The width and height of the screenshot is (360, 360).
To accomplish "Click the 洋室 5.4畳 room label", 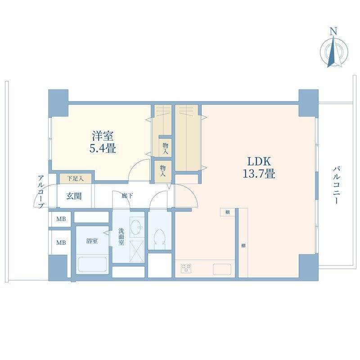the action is click(103, 142).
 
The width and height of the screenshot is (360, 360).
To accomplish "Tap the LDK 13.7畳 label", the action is click(259, 167).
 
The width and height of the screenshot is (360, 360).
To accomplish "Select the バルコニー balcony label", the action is click(336, 185).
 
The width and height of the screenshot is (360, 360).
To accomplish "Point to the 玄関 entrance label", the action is click(74, 196).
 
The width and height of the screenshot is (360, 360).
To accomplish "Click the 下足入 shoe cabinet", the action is click(76, 179).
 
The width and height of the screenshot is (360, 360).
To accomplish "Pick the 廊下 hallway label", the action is click(128, 196).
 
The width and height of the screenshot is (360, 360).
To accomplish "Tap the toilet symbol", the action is click(160, 239).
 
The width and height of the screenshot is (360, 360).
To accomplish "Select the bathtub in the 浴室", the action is click(92, 264).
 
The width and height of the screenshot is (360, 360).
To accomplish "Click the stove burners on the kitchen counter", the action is click(186, 268).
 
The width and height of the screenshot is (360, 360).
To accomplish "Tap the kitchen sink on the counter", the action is click(222, 269).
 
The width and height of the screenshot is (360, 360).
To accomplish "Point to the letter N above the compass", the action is click(333, 31).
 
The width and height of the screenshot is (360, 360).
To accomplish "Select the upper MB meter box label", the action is click(61, 219).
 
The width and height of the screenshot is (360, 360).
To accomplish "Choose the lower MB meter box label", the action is click(61, 243).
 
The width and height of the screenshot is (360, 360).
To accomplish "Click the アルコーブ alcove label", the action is click(40, 192).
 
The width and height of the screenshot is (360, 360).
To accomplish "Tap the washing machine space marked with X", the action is click(137, 252).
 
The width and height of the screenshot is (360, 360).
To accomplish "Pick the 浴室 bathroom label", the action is click(92, 241).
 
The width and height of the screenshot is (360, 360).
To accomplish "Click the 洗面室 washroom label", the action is click(121, 237).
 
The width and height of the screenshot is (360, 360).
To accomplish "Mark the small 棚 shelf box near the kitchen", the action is click(228, 212).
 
